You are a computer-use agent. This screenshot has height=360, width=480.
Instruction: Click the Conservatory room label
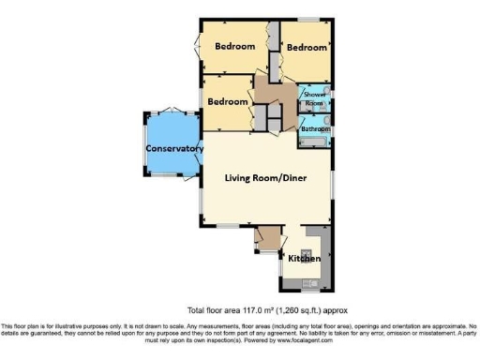174,148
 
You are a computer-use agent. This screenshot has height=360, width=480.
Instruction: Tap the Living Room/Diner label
265,177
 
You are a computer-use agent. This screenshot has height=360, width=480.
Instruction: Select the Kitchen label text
305,258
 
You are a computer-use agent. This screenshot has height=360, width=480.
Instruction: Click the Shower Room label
312,97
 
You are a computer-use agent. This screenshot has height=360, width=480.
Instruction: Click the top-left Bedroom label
234,46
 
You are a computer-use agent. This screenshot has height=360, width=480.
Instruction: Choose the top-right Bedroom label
307,47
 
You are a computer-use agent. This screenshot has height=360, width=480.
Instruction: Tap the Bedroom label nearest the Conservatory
228,101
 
